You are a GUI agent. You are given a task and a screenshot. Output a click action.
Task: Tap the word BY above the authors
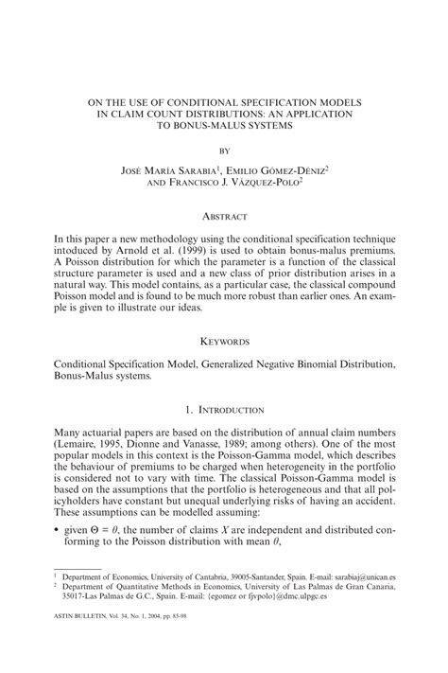click(224, 150)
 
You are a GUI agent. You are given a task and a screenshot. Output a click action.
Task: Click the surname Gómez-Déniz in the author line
click(291, 170)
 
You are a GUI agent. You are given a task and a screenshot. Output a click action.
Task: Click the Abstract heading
click(224, 216)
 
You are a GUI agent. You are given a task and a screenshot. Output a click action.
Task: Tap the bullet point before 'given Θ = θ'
click(57, 550)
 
